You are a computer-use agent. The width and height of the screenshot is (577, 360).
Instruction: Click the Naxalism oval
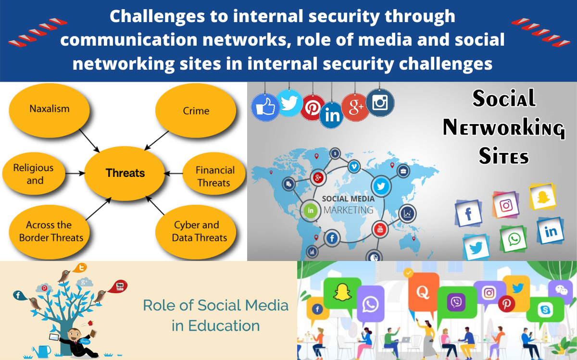[x=49, y=110]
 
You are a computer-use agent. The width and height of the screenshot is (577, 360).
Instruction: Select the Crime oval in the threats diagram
[x=196, y=110]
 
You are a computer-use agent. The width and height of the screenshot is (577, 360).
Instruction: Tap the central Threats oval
[x=125, y=173]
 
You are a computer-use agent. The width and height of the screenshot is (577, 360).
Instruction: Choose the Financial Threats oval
[x=214, y=174]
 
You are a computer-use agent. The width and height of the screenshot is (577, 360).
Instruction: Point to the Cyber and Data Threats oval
[x=196, y=232]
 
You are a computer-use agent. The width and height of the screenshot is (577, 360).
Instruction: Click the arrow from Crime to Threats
[x=157, y=140]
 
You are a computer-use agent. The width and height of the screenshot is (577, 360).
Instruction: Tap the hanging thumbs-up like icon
[x=265, y=107]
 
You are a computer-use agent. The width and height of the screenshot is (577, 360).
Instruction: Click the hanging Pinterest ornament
[x=313, y=107]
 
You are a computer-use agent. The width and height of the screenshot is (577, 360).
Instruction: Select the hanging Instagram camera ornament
[x=380, y=102]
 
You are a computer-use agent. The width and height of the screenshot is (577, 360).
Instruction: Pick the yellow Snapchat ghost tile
[x=542, y=197]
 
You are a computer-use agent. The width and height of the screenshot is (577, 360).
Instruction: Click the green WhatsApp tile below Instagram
[x=514, y=239]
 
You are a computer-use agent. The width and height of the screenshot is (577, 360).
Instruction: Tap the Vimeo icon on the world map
[x=354, y=167]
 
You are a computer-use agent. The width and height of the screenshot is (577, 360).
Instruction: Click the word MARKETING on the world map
[x=348, y=210]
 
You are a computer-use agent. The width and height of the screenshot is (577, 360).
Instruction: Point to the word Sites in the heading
[x=503, y=156]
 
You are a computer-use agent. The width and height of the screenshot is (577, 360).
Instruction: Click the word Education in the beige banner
[x=224, y=325]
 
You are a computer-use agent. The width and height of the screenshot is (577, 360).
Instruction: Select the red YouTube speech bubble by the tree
[x=118, y=286]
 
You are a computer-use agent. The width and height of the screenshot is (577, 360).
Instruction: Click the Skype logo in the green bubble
[x=545, y=309]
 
